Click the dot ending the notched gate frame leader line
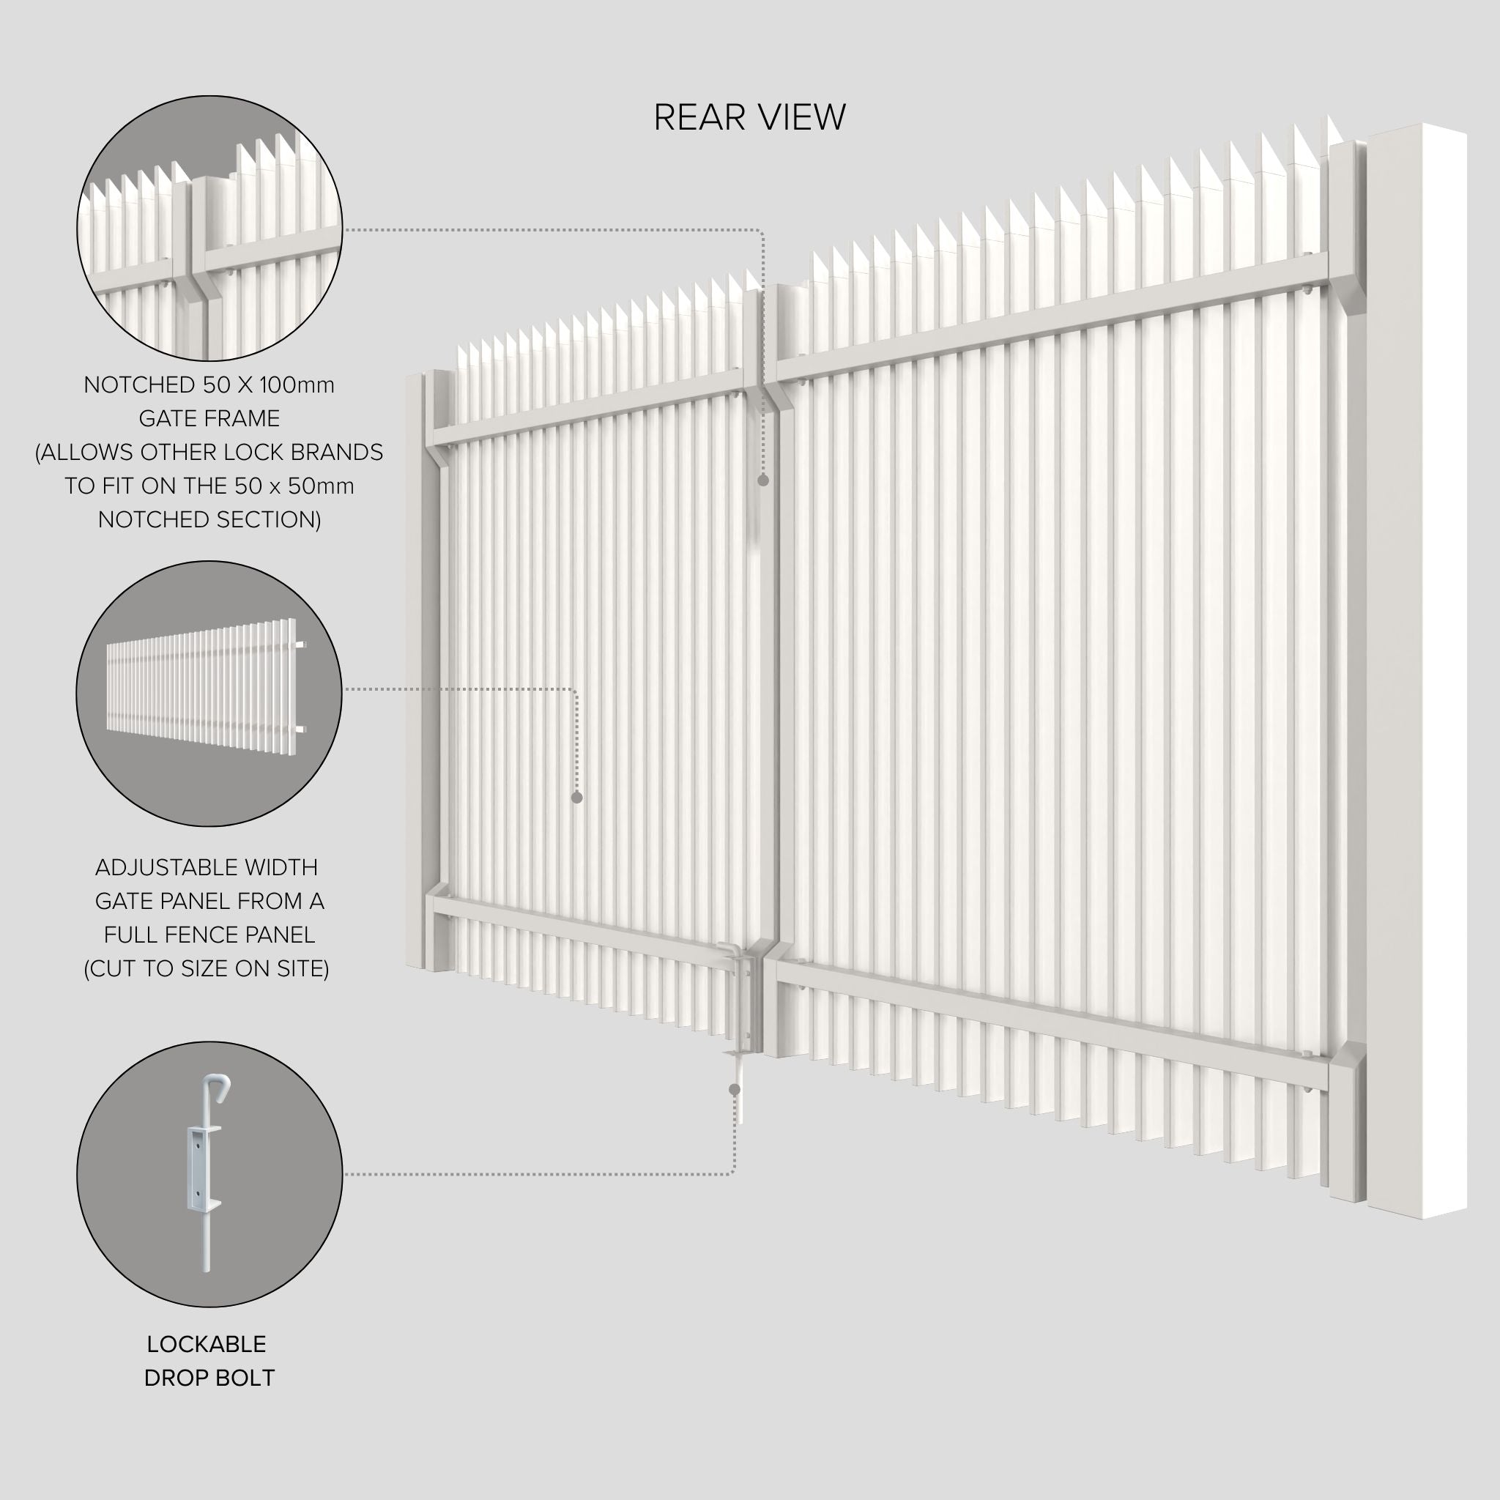[763, 480]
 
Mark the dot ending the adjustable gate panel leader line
[577, 798]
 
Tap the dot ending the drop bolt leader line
[735, 1089]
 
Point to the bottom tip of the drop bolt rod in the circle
[207, 1271]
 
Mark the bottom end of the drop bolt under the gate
[741, 1123]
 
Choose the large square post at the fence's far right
[1417, 670]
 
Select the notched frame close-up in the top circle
[209, 229]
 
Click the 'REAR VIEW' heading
[749, 117]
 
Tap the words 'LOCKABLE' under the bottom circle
[207, 1344]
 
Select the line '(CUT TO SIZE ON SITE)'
[207, 969]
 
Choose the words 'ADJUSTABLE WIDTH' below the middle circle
[207, 867]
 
